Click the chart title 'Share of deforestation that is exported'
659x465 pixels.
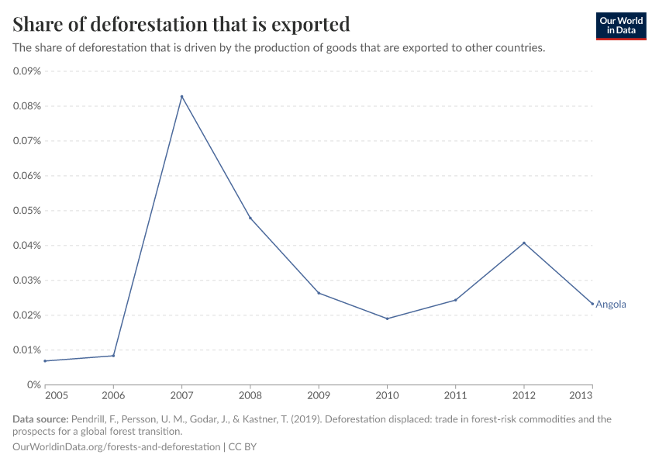(181, 24)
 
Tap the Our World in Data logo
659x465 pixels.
(620, 26)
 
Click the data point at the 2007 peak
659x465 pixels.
(181, 97)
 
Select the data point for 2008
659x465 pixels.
(250, 218)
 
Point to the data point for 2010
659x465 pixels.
(387, 319)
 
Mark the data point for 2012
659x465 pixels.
(524, 243)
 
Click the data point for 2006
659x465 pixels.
(113, 356)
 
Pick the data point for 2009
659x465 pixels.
(319, 293)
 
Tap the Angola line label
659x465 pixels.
(610, 305)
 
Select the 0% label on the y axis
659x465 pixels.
(33, 385)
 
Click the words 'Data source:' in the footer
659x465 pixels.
(40, 419)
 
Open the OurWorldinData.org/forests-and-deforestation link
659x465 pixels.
(116, 447)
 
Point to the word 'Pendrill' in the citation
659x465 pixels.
(88, 419)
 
